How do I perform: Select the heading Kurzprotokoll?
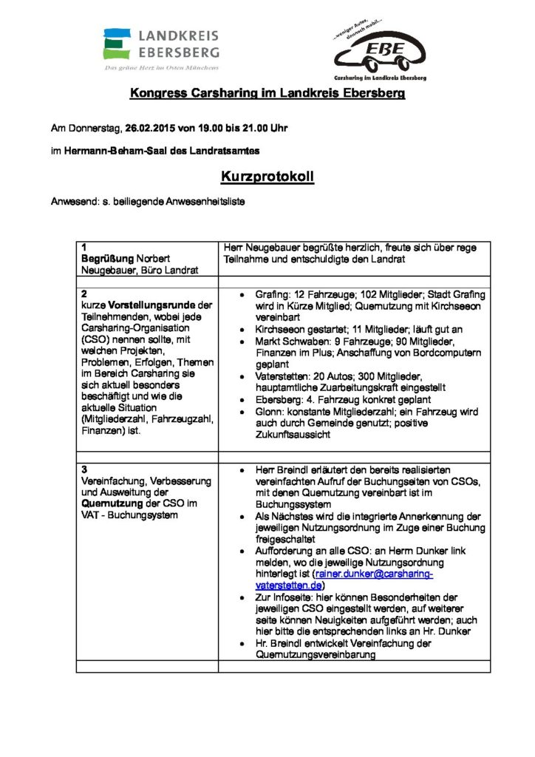(267, 177)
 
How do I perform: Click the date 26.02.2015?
(150, 128)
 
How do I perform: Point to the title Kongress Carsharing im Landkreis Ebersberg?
(267, 94)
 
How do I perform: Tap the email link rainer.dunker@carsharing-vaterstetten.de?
(373, 578)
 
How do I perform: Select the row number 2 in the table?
(84, 293)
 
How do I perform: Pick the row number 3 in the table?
(84, 469)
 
